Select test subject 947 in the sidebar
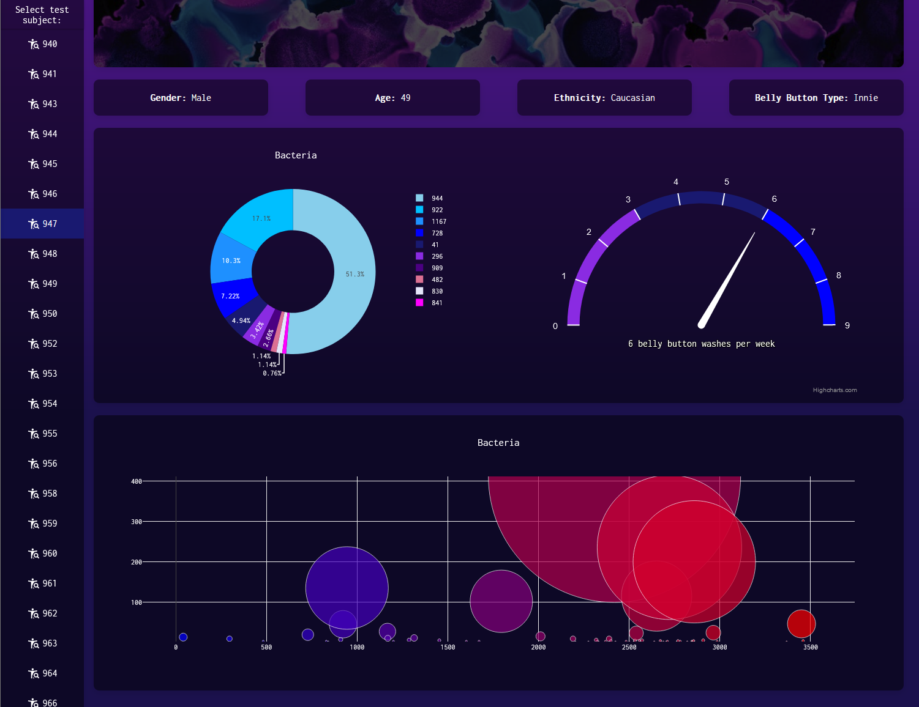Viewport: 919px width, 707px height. click(x=43, y=224)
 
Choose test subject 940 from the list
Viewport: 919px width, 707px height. click(x=43, y=44)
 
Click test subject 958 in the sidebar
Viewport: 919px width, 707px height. click(x=43, y=494)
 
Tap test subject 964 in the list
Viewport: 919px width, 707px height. click(x=43, y=673)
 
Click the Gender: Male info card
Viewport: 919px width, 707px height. click(x=181, y=98)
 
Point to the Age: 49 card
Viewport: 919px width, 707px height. click(x=392, y=98)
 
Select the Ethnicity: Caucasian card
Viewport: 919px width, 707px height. click(x=604, y=98)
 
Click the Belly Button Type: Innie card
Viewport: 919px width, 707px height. click(x=816, y=98)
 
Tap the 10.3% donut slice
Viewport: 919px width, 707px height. click(x=231, y=260)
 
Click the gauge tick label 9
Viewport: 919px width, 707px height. click(x=847, y=325)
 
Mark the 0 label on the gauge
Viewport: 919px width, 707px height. click(x=555, y=326)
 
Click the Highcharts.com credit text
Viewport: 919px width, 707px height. click(x=835, y=390)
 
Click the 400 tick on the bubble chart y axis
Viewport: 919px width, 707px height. click(x=136, y=481)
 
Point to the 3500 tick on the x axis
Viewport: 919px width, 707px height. click(x=810, y=647)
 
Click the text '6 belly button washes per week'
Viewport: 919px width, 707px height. click(x=701, y=344)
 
